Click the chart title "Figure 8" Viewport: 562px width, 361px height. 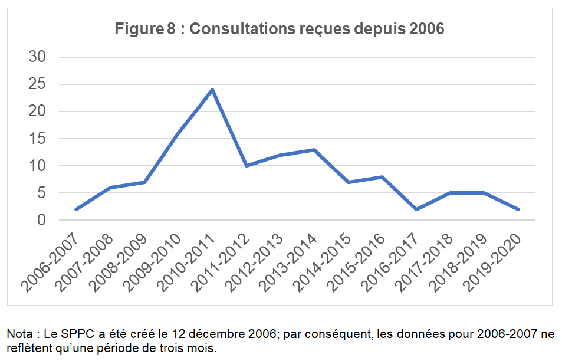144,28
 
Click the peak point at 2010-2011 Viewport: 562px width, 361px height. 212,90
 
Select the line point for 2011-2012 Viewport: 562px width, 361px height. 246,166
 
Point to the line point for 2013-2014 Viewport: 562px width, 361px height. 314,150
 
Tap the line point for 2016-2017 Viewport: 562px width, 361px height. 416,209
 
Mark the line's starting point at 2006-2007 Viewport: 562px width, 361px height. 76,209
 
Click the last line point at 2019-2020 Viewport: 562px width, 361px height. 518,209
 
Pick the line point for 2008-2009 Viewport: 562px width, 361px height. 144,182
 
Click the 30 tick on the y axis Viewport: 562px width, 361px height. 37,57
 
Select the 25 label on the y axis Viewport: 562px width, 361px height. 37,84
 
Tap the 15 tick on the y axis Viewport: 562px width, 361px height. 37,139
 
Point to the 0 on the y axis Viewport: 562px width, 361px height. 41,220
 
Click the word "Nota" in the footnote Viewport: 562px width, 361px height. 19,334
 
